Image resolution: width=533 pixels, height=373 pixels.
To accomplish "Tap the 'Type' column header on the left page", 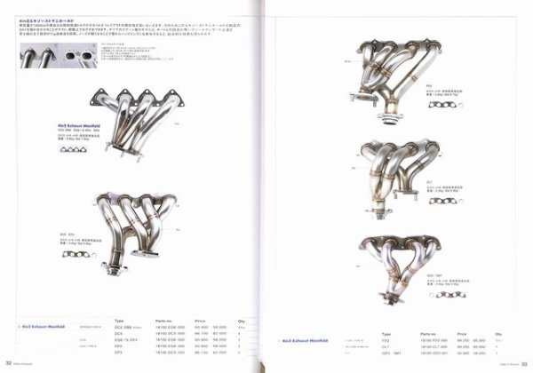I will pyautogui.click(x=120, y=321).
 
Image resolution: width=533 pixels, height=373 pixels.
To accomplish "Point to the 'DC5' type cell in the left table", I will pyautogui.click(x=120, y=337).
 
